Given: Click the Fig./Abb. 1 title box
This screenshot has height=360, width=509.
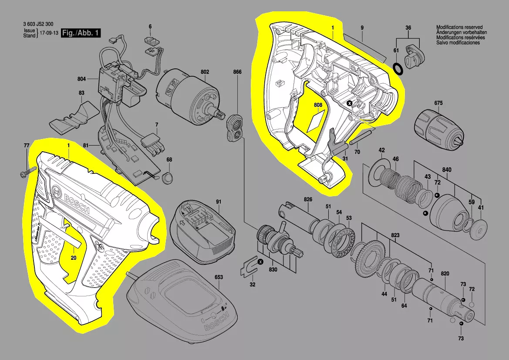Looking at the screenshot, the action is tap(81, 33).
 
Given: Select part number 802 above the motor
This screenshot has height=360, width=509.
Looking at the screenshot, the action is tap(205, 72).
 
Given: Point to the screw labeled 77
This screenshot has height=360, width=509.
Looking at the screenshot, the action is tap(29, 172).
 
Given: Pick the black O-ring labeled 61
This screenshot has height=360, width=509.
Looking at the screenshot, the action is tap(398, 68).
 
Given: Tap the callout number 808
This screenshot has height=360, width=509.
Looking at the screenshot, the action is tap(318, 105).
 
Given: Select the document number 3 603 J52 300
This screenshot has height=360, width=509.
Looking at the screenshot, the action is tap(38, 24).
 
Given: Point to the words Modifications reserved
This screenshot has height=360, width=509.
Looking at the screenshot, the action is tap(459, 27).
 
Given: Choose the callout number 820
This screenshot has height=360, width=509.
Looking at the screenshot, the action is tap(445, 274).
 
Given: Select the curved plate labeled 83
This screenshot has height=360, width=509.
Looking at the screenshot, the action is tap(74, 118).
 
